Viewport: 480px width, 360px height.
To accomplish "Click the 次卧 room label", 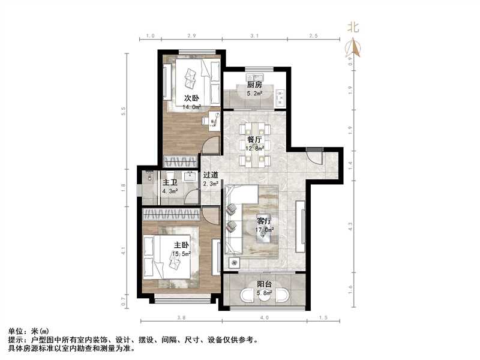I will (x=191, y=98).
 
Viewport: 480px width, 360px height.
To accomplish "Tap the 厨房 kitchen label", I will (x=254, y=85).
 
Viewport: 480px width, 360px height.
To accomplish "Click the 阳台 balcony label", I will (x=264, y=284).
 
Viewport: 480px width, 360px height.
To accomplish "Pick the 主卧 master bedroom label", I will (x=182, y=245).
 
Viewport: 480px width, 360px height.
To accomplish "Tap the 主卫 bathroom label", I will (x=170, y=182).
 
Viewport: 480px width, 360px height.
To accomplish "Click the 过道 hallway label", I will (x=210, y=175).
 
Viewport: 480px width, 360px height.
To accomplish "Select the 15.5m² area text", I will (x=182, y=254).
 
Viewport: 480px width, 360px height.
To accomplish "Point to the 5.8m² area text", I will (x=264, y=293).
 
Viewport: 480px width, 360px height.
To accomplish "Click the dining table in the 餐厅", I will (x=255, y=144).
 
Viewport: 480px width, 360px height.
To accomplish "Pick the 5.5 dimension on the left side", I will (x=124, y=112).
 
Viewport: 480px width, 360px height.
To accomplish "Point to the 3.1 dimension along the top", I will (x=254, y=37).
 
